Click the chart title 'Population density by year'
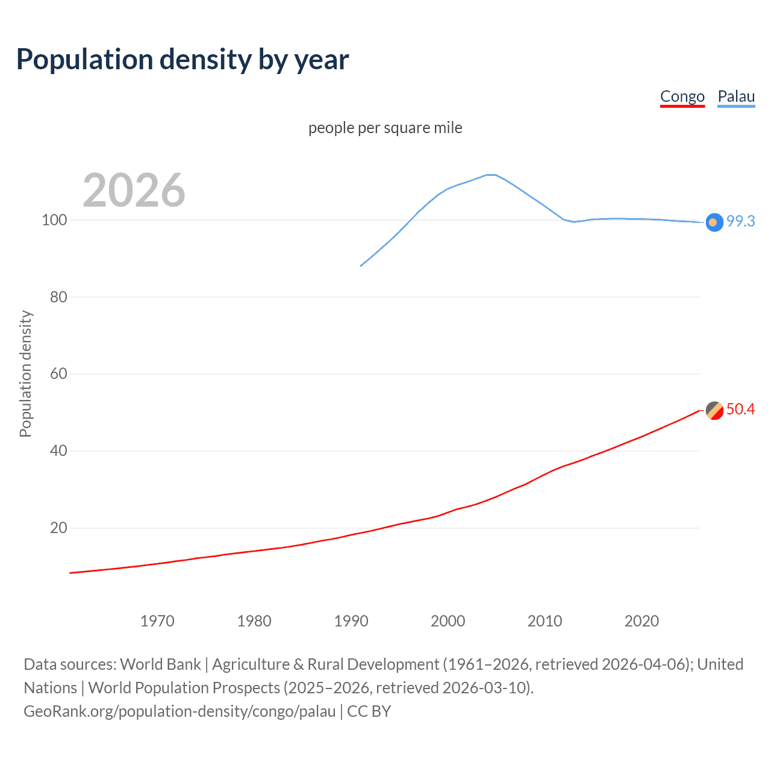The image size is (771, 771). [x=183, y=60]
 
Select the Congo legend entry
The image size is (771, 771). [x=682, y=96]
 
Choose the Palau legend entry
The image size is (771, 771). [x=736, y=96]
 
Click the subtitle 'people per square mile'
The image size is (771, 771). [x=385, y=128]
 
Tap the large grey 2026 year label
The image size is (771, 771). [x=134, y=190]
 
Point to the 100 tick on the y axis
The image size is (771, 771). [x=54, y=220]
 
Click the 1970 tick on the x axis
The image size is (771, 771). [x=157, y=621]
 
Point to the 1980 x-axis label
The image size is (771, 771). [x=254, y=621]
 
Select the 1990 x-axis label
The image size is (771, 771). [x=351, y=621]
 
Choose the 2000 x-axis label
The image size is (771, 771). [x=448, y=621]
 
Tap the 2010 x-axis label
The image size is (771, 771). [x=545, y=621]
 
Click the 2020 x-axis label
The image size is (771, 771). [x=641, y=621]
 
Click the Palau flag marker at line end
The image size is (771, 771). [x=714, y=222]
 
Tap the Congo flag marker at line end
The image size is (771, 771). [x=714, y=410]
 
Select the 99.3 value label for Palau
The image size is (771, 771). [x=740, y=221]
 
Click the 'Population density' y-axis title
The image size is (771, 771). [x=25, y=373]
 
